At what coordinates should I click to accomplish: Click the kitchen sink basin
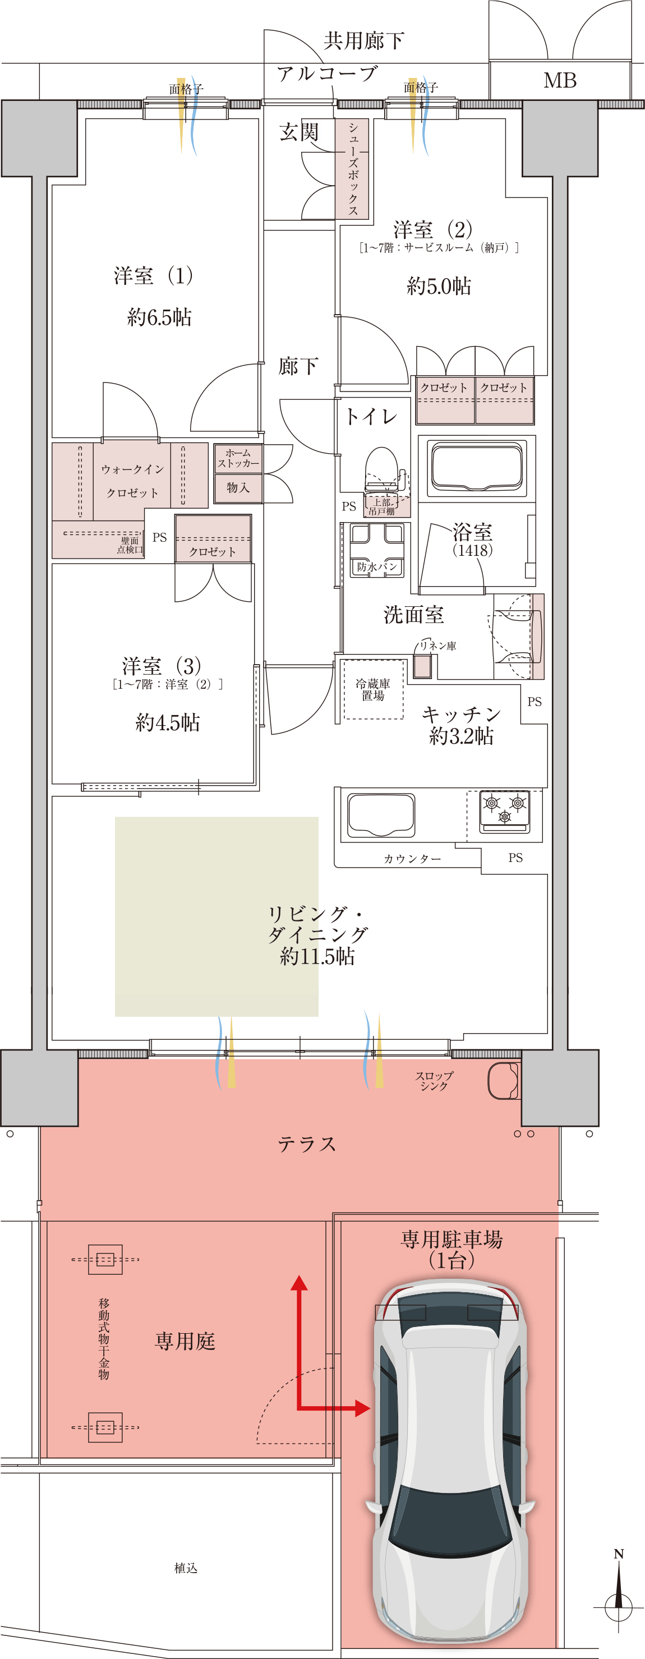point(381,815)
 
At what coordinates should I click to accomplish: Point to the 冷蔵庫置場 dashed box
point(374,689)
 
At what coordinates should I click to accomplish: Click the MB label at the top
point(560,81)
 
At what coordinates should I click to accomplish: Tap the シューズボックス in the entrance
point(352,169)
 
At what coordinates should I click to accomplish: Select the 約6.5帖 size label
point(159,317)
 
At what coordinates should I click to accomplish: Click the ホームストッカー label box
point(238,458)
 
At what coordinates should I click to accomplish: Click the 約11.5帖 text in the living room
point(317,956)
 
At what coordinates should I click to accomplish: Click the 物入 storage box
point(238,487)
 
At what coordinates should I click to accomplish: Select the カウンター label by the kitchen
point(412,859)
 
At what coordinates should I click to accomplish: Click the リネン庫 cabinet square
point(422,666)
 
